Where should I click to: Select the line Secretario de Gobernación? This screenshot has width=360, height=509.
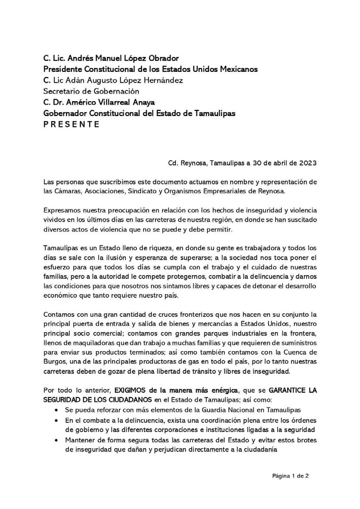tap(91, 91)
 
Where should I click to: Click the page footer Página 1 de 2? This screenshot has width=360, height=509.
tap(290, 476)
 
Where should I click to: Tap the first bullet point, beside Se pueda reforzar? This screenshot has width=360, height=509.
tap(57, 410)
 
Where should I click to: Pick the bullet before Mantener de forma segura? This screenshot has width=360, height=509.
tap(57, 440)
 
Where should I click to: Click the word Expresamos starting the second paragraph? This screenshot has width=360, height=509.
tap(62, 210)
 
